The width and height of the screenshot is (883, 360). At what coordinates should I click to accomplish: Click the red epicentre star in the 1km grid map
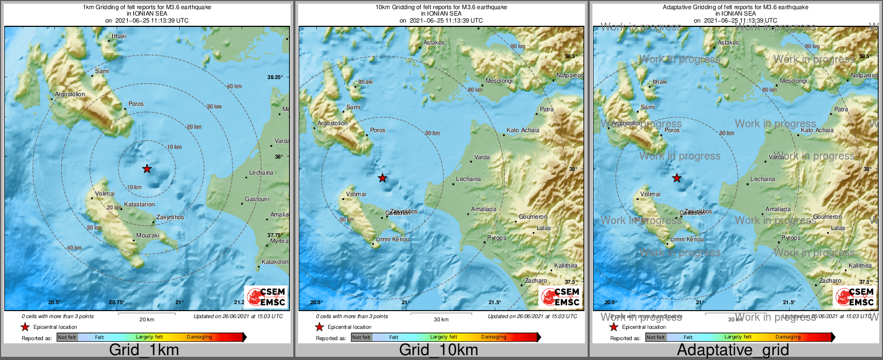(x=147, y=169)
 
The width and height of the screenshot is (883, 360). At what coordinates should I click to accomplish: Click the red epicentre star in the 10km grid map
(x=382, y=178)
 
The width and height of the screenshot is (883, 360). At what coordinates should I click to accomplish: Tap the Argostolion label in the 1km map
(x=70, y=94)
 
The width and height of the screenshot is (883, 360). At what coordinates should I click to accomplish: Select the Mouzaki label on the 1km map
(x=148, y=235)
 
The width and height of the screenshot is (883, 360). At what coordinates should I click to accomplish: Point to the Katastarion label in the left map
(x=139, y=204)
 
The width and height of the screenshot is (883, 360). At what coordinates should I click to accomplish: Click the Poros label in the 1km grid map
(x=136, y=104)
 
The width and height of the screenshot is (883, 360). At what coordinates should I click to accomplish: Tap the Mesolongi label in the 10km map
(x=499, y=81)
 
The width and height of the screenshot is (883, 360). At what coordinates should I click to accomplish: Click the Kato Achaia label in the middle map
(x=523, y=130)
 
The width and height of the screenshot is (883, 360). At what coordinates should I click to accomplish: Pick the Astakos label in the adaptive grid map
(x=728, y=42)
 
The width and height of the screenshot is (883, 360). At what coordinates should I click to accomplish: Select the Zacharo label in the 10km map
(x=535, y=280)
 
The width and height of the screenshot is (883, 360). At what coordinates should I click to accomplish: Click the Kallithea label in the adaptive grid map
(x=860, y=265)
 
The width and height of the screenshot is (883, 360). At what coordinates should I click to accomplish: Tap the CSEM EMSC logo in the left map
(x=266, y=297)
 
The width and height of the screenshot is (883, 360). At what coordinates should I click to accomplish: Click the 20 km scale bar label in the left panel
(x=147, y=319)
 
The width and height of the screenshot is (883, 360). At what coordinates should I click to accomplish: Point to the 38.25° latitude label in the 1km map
(x=275, y=77)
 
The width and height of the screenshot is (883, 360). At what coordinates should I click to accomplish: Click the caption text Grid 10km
(x=438, y=350)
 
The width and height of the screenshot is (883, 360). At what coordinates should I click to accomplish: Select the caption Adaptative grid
(x=733, y=350)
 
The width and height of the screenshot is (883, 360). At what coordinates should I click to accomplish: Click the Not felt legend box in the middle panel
(x=361, y=337)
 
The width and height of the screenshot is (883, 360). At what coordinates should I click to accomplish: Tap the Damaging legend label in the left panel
(x=199, y=337)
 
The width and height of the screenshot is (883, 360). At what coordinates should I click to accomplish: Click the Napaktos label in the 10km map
(x=569, y=75)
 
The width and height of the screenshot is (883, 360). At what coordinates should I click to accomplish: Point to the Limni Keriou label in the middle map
(x=393, y=239)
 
